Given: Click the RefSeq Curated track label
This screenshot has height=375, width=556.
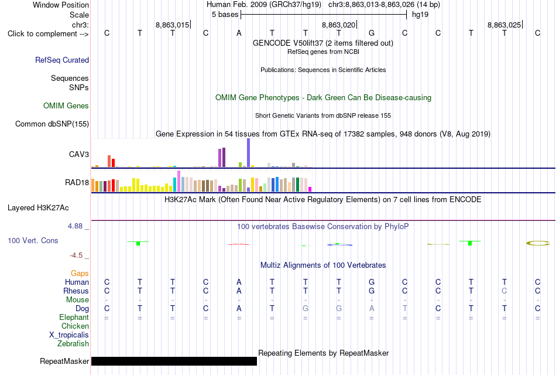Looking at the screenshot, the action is [62, 60].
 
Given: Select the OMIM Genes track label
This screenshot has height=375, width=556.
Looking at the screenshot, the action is [66, 106].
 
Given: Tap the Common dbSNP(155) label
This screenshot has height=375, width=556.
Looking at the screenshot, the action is [52, 124].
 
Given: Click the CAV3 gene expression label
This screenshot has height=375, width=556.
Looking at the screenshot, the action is [79, 154].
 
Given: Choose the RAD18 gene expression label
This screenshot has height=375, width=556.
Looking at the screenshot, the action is [77, 183].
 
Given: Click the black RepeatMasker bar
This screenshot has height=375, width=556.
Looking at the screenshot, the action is [174, 361].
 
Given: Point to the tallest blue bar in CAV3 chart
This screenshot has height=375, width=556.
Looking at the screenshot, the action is [249, 153].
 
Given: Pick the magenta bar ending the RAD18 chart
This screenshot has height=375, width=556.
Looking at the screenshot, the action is [310, 189].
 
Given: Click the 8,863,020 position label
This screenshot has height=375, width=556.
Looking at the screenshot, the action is [338, 25].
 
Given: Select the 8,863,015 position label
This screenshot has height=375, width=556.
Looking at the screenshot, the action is [172, 25].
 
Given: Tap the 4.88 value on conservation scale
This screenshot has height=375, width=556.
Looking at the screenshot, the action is [75, 226].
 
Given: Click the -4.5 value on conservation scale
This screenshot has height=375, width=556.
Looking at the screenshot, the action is [76, 255].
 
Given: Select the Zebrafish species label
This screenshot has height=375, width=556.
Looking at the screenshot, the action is [73, 344].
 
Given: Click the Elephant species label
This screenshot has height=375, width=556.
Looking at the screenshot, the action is [74, 317].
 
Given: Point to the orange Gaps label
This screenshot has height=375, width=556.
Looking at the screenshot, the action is [80, 273].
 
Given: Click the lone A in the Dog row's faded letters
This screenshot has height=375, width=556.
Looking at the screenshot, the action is [372, 308].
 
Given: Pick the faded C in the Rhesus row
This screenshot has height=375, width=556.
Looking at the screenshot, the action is [504, 291].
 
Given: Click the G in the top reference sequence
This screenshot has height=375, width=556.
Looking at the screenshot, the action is [372, 33].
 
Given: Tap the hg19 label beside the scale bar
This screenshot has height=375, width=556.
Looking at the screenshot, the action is [420, 15].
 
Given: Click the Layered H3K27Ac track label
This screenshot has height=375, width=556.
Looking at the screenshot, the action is [38, 208].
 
